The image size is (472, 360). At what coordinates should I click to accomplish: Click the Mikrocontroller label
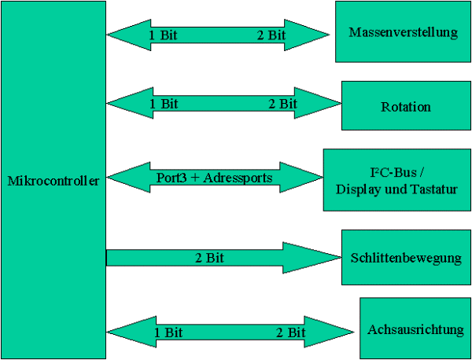pyautogui.click(x=53, y=181)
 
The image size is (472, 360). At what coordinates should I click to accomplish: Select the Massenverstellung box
pyautogui.click(x=402, y=32)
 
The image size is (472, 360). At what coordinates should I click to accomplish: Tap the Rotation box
pyautogui.click(x=405, y=106)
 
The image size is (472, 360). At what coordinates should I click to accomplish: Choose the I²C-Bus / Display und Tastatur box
pyautogui.click(x=396, y=179)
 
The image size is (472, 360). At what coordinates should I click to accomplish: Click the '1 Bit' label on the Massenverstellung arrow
pyautogui.click(x=163, y=35)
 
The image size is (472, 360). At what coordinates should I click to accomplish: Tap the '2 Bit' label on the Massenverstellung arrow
pyautogui.click(x=271, y=35)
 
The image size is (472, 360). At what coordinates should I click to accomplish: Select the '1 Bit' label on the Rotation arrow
pyautogui.click(x=163, y=103)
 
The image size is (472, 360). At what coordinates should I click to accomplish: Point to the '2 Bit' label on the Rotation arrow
pyautogui.click(x=282, y=103)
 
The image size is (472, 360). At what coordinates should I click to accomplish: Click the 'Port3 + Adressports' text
pyautogui.click(x=215, y=178)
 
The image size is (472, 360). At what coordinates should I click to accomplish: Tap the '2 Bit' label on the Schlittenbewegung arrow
pyautogui.click(x=211, y=257)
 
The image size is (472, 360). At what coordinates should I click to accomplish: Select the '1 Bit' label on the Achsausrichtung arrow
pyautogui.click(x=169, y=332)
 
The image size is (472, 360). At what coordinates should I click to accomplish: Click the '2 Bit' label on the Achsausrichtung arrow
pyautogui.click(x=290, y=332)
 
